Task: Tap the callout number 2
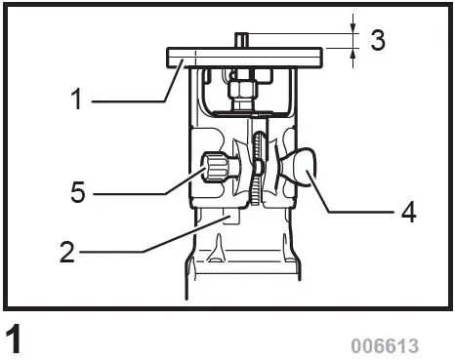tap(66, 252)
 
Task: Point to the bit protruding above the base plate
tap(240, 42)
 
